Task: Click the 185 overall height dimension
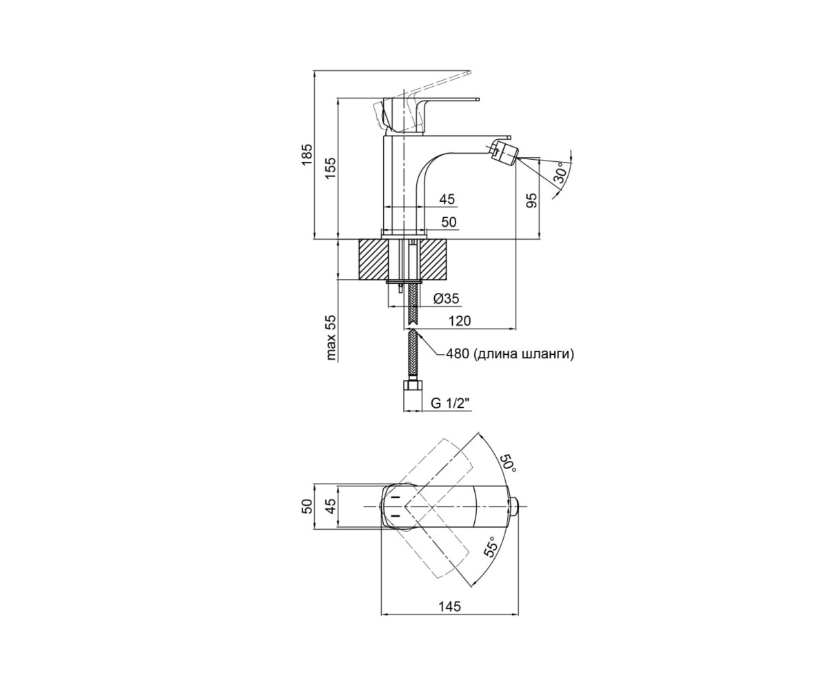[307, 155]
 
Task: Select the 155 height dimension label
[330, 169]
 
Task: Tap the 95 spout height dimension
[533, 200]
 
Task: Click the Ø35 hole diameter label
[446, 298]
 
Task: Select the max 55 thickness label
[331, 338]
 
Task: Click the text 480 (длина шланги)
[509, 353]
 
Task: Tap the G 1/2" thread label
[450, 404]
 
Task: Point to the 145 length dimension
[449, 617]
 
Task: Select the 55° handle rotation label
[491, 547]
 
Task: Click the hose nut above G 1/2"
[413, 385]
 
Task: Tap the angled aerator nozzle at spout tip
[503, 152]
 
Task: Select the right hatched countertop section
[436, 259]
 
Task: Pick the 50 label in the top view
[307, 506]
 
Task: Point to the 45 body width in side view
[447, 199]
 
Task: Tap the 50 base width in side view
[449, 222]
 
